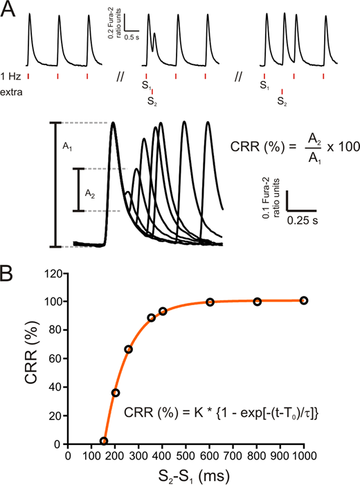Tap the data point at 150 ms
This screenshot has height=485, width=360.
click(x=104, y=441)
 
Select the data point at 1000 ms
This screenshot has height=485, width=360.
click(x=303, y=300)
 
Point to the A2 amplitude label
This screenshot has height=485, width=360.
click(x=90, y=194)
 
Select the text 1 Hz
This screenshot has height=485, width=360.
click(x=12, y=75)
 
